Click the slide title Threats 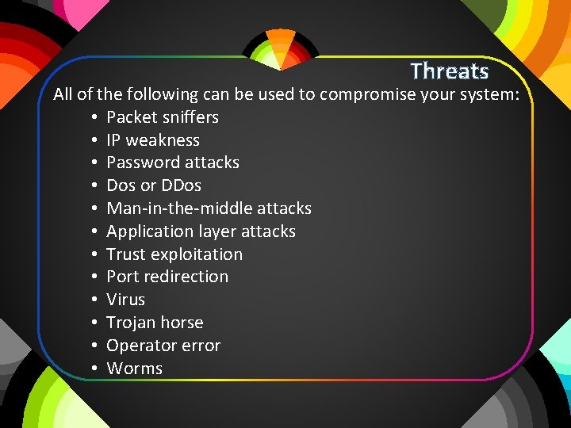point(450,71)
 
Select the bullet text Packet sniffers point(163,117)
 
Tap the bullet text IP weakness point(153,140)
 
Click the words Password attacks point(173,162)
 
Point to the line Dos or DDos point(154,185)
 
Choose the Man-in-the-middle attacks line point(209,208)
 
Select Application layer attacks point(201,231)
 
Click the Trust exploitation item point(174,254)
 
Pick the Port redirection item point(167,277)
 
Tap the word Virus point(126,300)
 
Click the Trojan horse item point(155,323)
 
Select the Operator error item point(163,346)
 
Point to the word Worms point(134,369)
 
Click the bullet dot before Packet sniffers point(94,118)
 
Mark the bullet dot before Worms point(94,369)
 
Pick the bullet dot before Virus point(94,300)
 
